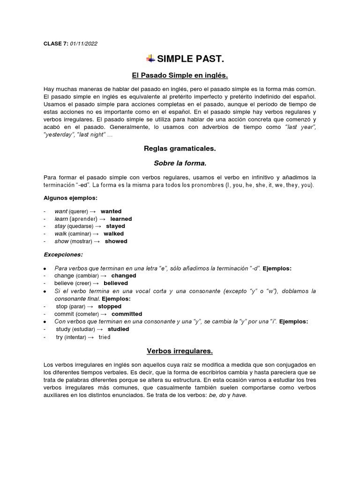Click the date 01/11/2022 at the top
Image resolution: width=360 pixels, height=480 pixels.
click(x=84, y=44)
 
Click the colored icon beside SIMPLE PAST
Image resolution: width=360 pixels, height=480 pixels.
click(x=150, y=59)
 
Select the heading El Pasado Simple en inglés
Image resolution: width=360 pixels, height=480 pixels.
click(x=180, y=75)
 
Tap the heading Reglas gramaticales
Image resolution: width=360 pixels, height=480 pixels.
click(x=180, y=149)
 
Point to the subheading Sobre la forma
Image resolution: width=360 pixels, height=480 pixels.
click(x=180, y=163)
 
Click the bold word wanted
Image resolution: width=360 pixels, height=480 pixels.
click(x=111, y=211)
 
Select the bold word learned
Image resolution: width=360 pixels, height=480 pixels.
click(x=121, y=219)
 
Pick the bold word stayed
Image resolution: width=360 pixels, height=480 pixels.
click(x=115, y=226)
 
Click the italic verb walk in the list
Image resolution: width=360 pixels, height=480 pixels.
click(x=60, y=234)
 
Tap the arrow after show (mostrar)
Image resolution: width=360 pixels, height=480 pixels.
click(x=97, y=241)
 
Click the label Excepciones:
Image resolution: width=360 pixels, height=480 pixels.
click(x=63, y=255)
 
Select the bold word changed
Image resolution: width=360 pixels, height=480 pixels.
click(x=123, y=276)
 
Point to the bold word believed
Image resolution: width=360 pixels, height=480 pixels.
click(x=116, y=284)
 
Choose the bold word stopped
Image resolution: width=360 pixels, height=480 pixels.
click(x=109, y=307)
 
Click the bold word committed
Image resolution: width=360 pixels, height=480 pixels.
click(x=127, y=314)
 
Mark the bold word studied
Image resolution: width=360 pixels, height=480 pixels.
click(x=118, y=330)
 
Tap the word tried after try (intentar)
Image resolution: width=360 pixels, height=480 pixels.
click(x=105, y=337)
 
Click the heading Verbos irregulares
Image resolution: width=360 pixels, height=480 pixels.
click(x=180, y=351)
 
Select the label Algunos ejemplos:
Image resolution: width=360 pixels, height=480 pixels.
click(x=70, y=198)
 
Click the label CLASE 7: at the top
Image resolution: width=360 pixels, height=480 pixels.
click(x=55, y=44)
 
